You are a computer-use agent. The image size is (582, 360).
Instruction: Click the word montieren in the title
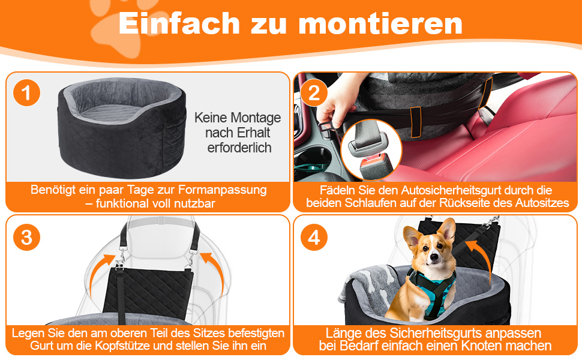[380, 24]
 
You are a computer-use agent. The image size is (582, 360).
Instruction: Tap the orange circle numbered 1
[26, 93]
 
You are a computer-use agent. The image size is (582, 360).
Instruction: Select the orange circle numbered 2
[314, 93]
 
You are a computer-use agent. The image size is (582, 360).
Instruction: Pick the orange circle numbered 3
[26, 237]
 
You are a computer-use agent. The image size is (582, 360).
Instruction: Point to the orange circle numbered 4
[314, 237]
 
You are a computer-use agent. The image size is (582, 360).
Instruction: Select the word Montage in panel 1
[256, 118]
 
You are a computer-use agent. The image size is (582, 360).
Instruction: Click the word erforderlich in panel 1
[239, 148]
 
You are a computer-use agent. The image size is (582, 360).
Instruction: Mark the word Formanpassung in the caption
[223, 190]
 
